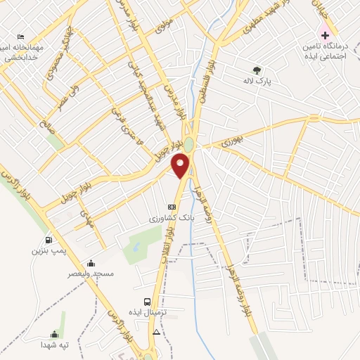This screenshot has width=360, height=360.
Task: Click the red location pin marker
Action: point(181,166)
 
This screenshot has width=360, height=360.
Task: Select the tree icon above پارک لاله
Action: point(257,70)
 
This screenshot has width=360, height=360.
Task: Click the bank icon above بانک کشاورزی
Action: point(172,207)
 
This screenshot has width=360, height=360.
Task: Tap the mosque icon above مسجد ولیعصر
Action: point(91,263)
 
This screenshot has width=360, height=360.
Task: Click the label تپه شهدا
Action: point(53,345)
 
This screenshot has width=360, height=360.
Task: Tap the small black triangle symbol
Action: point(157,331)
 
